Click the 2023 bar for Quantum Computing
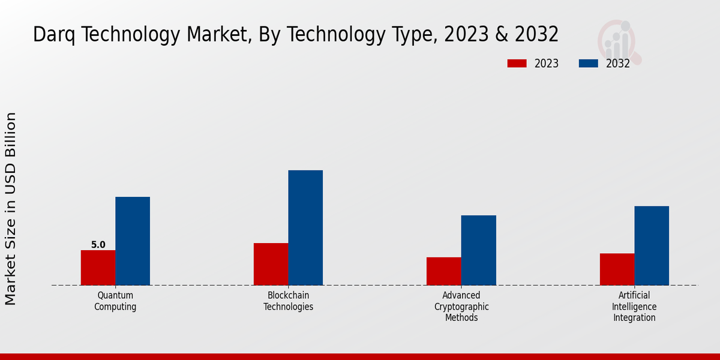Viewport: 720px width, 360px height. pyautogui.click(x=98, y=268)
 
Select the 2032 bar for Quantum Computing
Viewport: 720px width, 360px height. pyautogui.click(x=133, y=241)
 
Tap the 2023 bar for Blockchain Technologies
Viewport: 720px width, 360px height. pyautogui.click(x=271, y=264)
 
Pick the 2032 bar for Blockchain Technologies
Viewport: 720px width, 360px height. pyautogui.click(x=305, y=227)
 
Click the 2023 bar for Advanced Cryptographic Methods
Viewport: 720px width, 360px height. pyautogui.click(x=443, y=271)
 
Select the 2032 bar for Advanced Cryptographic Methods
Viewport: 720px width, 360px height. pyautogui.click(x=478, y=250)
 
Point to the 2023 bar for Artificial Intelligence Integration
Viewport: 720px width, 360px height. pyautogui.click(x=617, y=269)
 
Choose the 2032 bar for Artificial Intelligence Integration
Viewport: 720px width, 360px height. pyautogui.click(x=652, y=245)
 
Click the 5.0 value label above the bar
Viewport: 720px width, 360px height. pyautogui.click(x=98, y=245)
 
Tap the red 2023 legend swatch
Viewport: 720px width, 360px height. pyautogui.click(x=517, y=64)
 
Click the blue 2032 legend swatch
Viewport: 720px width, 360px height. pyautogui.click(x=588, y=64)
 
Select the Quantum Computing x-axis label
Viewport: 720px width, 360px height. pyautogui.click(x=115, y=301)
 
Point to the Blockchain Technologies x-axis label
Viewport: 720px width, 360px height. pyautogui.click(x=288, y=301)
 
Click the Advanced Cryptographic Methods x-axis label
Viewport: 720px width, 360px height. pyautogui.click(x=461, y=307)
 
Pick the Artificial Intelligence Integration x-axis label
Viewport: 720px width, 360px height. pyautogui.click(x=634, y=307)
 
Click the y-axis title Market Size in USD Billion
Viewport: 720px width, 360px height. pyautogui.click(x=11, y=208)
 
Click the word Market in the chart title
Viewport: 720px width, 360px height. pyautogui.click(x=217, y=35)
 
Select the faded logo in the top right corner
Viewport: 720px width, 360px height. pyautogui.click(x=619, y=41)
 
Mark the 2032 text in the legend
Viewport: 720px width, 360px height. pyautogui.click(x=617, y=64)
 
